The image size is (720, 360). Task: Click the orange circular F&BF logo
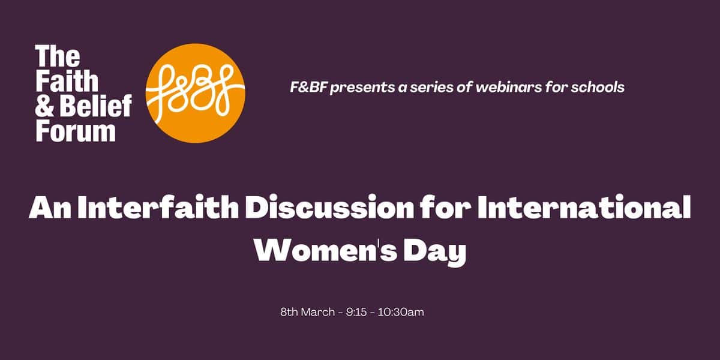(196, 93)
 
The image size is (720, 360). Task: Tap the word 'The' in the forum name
(58, 56)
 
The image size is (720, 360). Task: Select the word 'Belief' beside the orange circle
(96, 106)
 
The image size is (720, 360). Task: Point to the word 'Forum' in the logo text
(76, 131)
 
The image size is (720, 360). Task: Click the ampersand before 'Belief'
(44, 106)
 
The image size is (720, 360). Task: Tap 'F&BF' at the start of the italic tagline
(308, 87)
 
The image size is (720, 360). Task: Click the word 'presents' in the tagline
(362, 88)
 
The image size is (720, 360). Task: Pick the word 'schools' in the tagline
(598, 87)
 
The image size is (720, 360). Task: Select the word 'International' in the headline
(584, 208)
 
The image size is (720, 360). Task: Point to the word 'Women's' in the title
(326, 250)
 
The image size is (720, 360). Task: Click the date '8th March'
(308, 312)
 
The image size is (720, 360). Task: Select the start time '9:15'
(356, 312)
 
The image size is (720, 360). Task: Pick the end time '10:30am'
(401, 312)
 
